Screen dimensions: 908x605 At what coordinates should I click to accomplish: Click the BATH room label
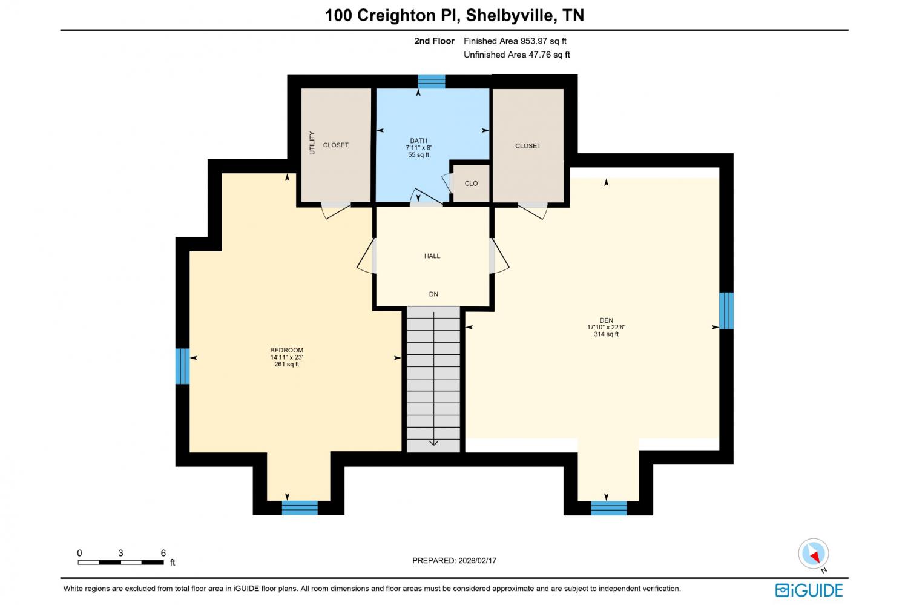click(x=418, y=141)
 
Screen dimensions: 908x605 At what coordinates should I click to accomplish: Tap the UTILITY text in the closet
click(x=312, y=143)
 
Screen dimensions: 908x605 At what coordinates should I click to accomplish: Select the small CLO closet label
click(x=471, y=183)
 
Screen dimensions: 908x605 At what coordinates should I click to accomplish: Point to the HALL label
click(x=432, y=256)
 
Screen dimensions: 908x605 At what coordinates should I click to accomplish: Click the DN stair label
click(x=433, y=294)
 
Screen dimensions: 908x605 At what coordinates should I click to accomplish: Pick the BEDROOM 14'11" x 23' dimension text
click(x=286, y=357)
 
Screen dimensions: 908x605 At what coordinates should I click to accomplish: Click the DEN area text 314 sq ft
click(x=607, y=334)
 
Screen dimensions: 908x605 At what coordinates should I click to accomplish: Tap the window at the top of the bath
click(x=431, y=82)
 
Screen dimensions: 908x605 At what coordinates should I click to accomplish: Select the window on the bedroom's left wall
click(x=182, y=366)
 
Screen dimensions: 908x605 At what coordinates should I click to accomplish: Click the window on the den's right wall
click(x=726, y=311)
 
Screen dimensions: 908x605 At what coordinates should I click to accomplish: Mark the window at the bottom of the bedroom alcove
click(x=300, y=507)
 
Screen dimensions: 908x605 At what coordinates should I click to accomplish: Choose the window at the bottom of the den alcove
click(x=608, y=508)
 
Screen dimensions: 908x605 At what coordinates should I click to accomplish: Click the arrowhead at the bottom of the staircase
click(x=433, y=443)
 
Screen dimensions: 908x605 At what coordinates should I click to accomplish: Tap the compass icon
click(x=813, y=554)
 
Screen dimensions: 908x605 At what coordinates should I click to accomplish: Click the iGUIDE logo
click(x=809, y=590)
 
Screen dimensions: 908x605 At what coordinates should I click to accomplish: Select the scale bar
click(x=121, y=563)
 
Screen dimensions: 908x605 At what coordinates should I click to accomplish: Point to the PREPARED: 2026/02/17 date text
click(x=454, y=560)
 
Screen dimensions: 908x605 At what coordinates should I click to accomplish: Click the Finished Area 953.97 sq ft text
click(x=515, y=41)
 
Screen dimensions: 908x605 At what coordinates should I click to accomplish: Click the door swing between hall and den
click(x=499, y=256)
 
